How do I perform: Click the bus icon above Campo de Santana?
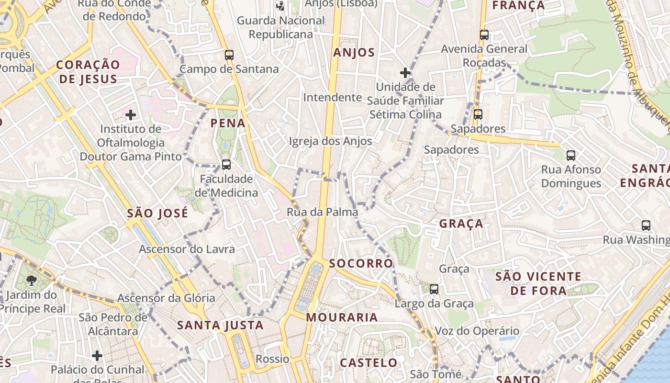point(229,55)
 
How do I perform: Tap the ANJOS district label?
point(354,53)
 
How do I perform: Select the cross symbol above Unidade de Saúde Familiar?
point(405,73)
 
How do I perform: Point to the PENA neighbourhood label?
point(228,124)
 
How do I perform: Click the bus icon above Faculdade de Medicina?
point(226,165)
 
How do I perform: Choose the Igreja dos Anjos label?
point(330,141)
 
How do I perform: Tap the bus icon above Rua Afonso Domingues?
point(571,156)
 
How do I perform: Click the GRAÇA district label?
point(461,224)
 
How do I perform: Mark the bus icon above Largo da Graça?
point(434,289)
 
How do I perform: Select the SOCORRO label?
point(361,263)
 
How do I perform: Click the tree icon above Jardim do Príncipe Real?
point(32,281)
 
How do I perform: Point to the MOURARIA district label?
point(342,317)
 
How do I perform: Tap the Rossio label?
point(272,359)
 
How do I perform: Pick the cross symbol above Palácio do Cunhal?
point(97,356)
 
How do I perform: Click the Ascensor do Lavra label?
point(187,249)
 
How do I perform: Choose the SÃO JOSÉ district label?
point(157,214)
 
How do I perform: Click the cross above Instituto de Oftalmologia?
point(131,115)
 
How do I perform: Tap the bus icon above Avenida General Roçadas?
point(484,35)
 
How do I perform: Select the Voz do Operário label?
point(477,331)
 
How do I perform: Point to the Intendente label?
point(333,98)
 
